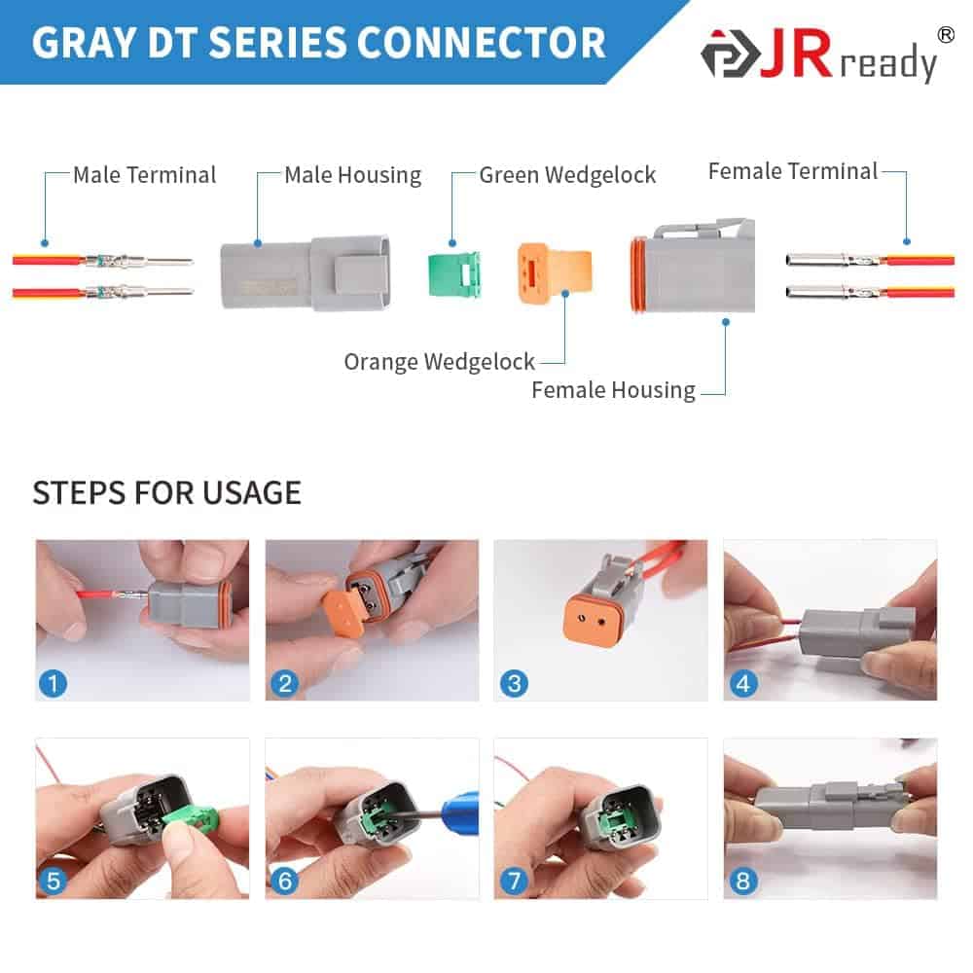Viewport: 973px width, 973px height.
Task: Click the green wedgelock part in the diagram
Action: pyautogui.click(x=454, y=273)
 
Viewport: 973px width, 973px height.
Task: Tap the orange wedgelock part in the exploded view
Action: pyautogui.click(x=555, y=272)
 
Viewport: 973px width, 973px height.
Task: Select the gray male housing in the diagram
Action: pyautogui.click(x=306, y=272)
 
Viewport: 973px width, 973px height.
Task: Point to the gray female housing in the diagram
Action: pyautogui.click(x=693, y=267)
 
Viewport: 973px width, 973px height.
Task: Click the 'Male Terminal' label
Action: pyautogui.click(x=145, y=175)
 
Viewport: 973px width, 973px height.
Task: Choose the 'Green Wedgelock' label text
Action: pyautogui.click(x=568, y=175)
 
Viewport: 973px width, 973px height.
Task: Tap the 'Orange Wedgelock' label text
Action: pyautogui.click(x=440, y=362)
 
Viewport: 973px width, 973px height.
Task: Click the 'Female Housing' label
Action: pyautogui.click(x=614, y=390)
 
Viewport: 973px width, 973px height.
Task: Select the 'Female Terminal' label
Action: pyautogui.click(x=793, y=171)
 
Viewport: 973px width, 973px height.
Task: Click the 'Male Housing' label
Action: pyautogui.click(x=353, y=175)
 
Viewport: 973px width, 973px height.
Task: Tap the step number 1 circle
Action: pyautogui.click(x=53, y=684)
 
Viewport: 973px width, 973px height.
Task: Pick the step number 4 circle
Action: pyautogui.click(x=743, y=684)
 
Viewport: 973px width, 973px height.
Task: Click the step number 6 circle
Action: pyautogui.click(x=285, y=881)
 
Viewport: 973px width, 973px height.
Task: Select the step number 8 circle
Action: pyautogui.click(x=743, y=881)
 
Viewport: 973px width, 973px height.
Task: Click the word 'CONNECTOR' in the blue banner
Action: pyautogui.click(x=481, y=43)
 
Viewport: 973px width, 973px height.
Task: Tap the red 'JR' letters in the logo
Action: pyautogui.click(x=796, y=54)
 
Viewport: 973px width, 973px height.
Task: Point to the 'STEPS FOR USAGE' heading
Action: pyautogui.click(x=167, y=493)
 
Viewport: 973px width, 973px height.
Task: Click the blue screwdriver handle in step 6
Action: pyautogui.click(x=460, y=811)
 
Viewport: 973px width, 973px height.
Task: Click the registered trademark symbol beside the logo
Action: pyautogui.click(x=946, y=35)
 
